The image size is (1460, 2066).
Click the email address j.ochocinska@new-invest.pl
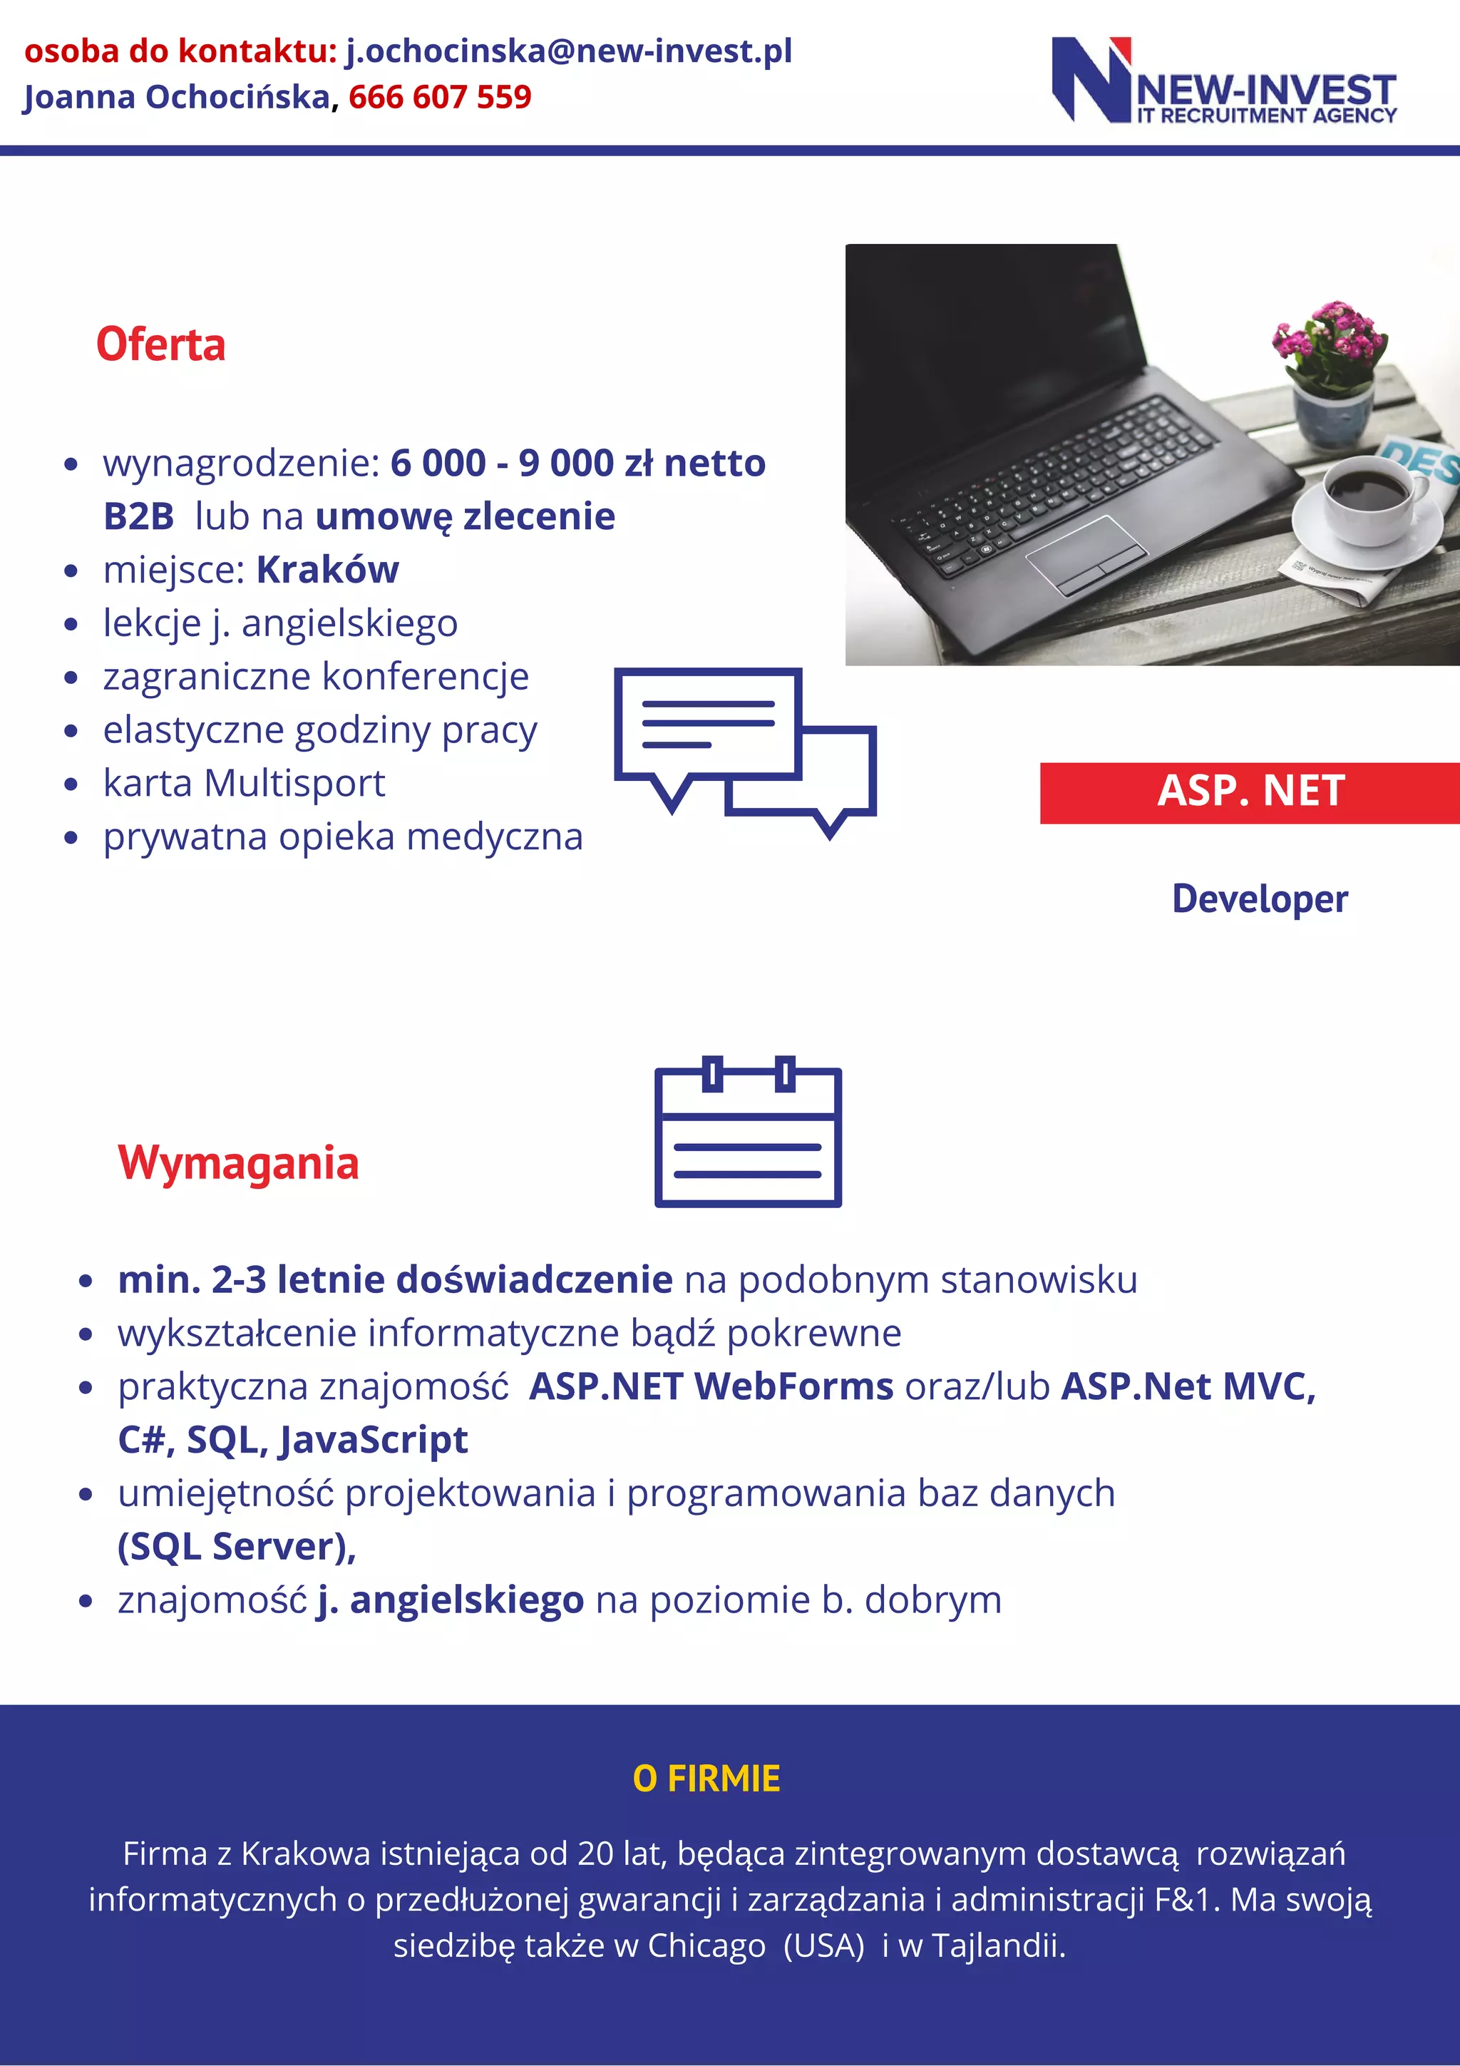568,51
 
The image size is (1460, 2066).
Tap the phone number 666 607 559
440,97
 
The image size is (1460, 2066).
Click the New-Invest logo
1223,81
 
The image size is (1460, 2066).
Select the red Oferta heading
161,344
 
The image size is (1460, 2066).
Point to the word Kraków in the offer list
327,570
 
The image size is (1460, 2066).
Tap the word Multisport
294,783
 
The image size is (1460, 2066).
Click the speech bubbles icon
744,752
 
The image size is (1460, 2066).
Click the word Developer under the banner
1260,899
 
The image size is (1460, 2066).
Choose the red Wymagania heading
238,1162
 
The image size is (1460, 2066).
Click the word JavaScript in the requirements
374,1440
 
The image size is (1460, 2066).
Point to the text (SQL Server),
237,1547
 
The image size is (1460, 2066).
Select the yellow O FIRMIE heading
706,1779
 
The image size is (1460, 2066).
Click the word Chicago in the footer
706,1945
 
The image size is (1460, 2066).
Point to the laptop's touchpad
1086,553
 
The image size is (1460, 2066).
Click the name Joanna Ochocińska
176,97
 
